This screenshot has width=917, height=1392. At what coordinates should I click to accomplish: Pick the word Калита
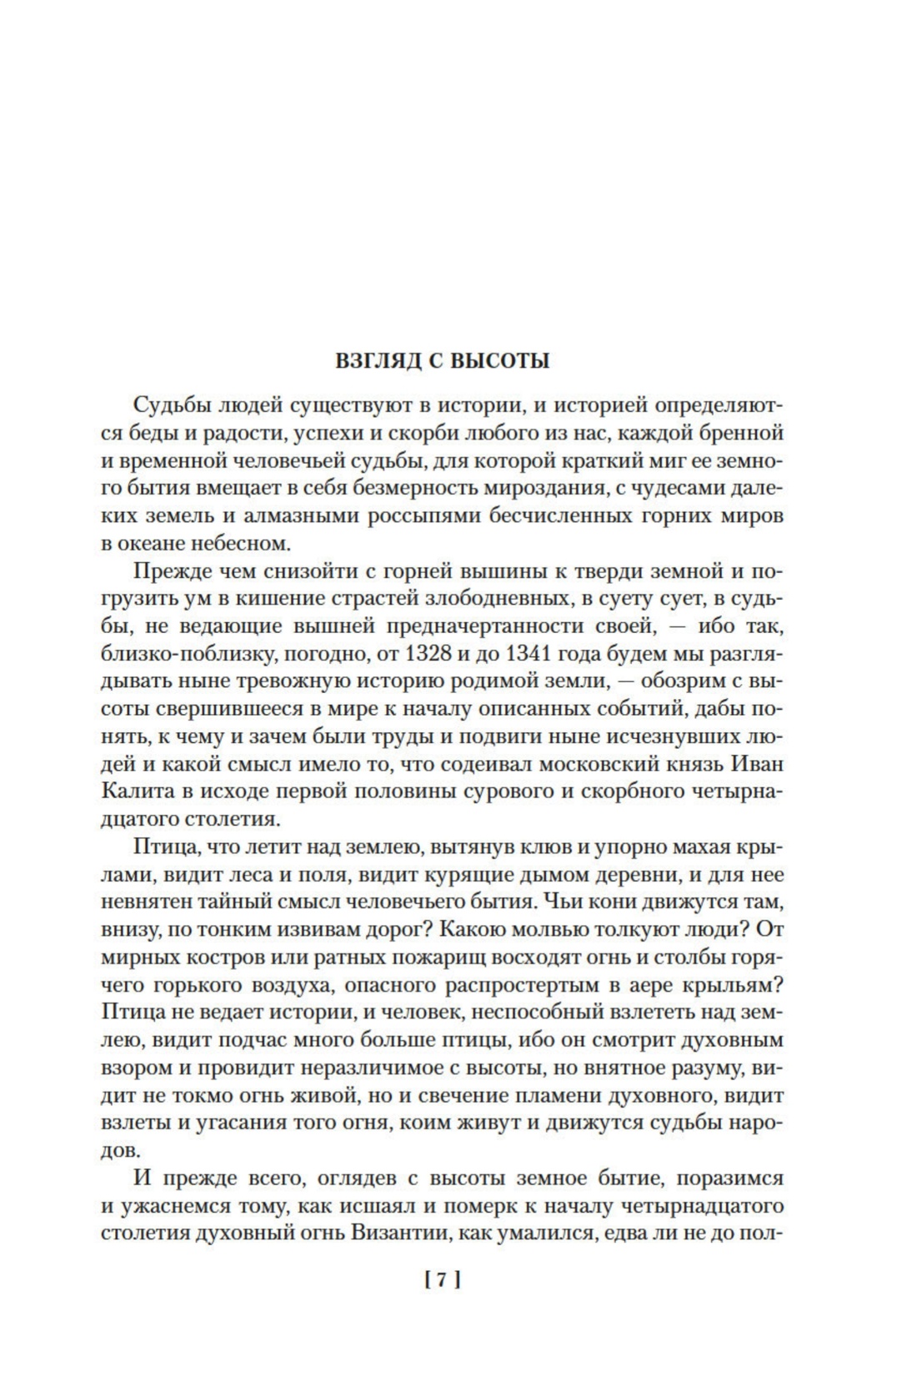click(x=134, y=791)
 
